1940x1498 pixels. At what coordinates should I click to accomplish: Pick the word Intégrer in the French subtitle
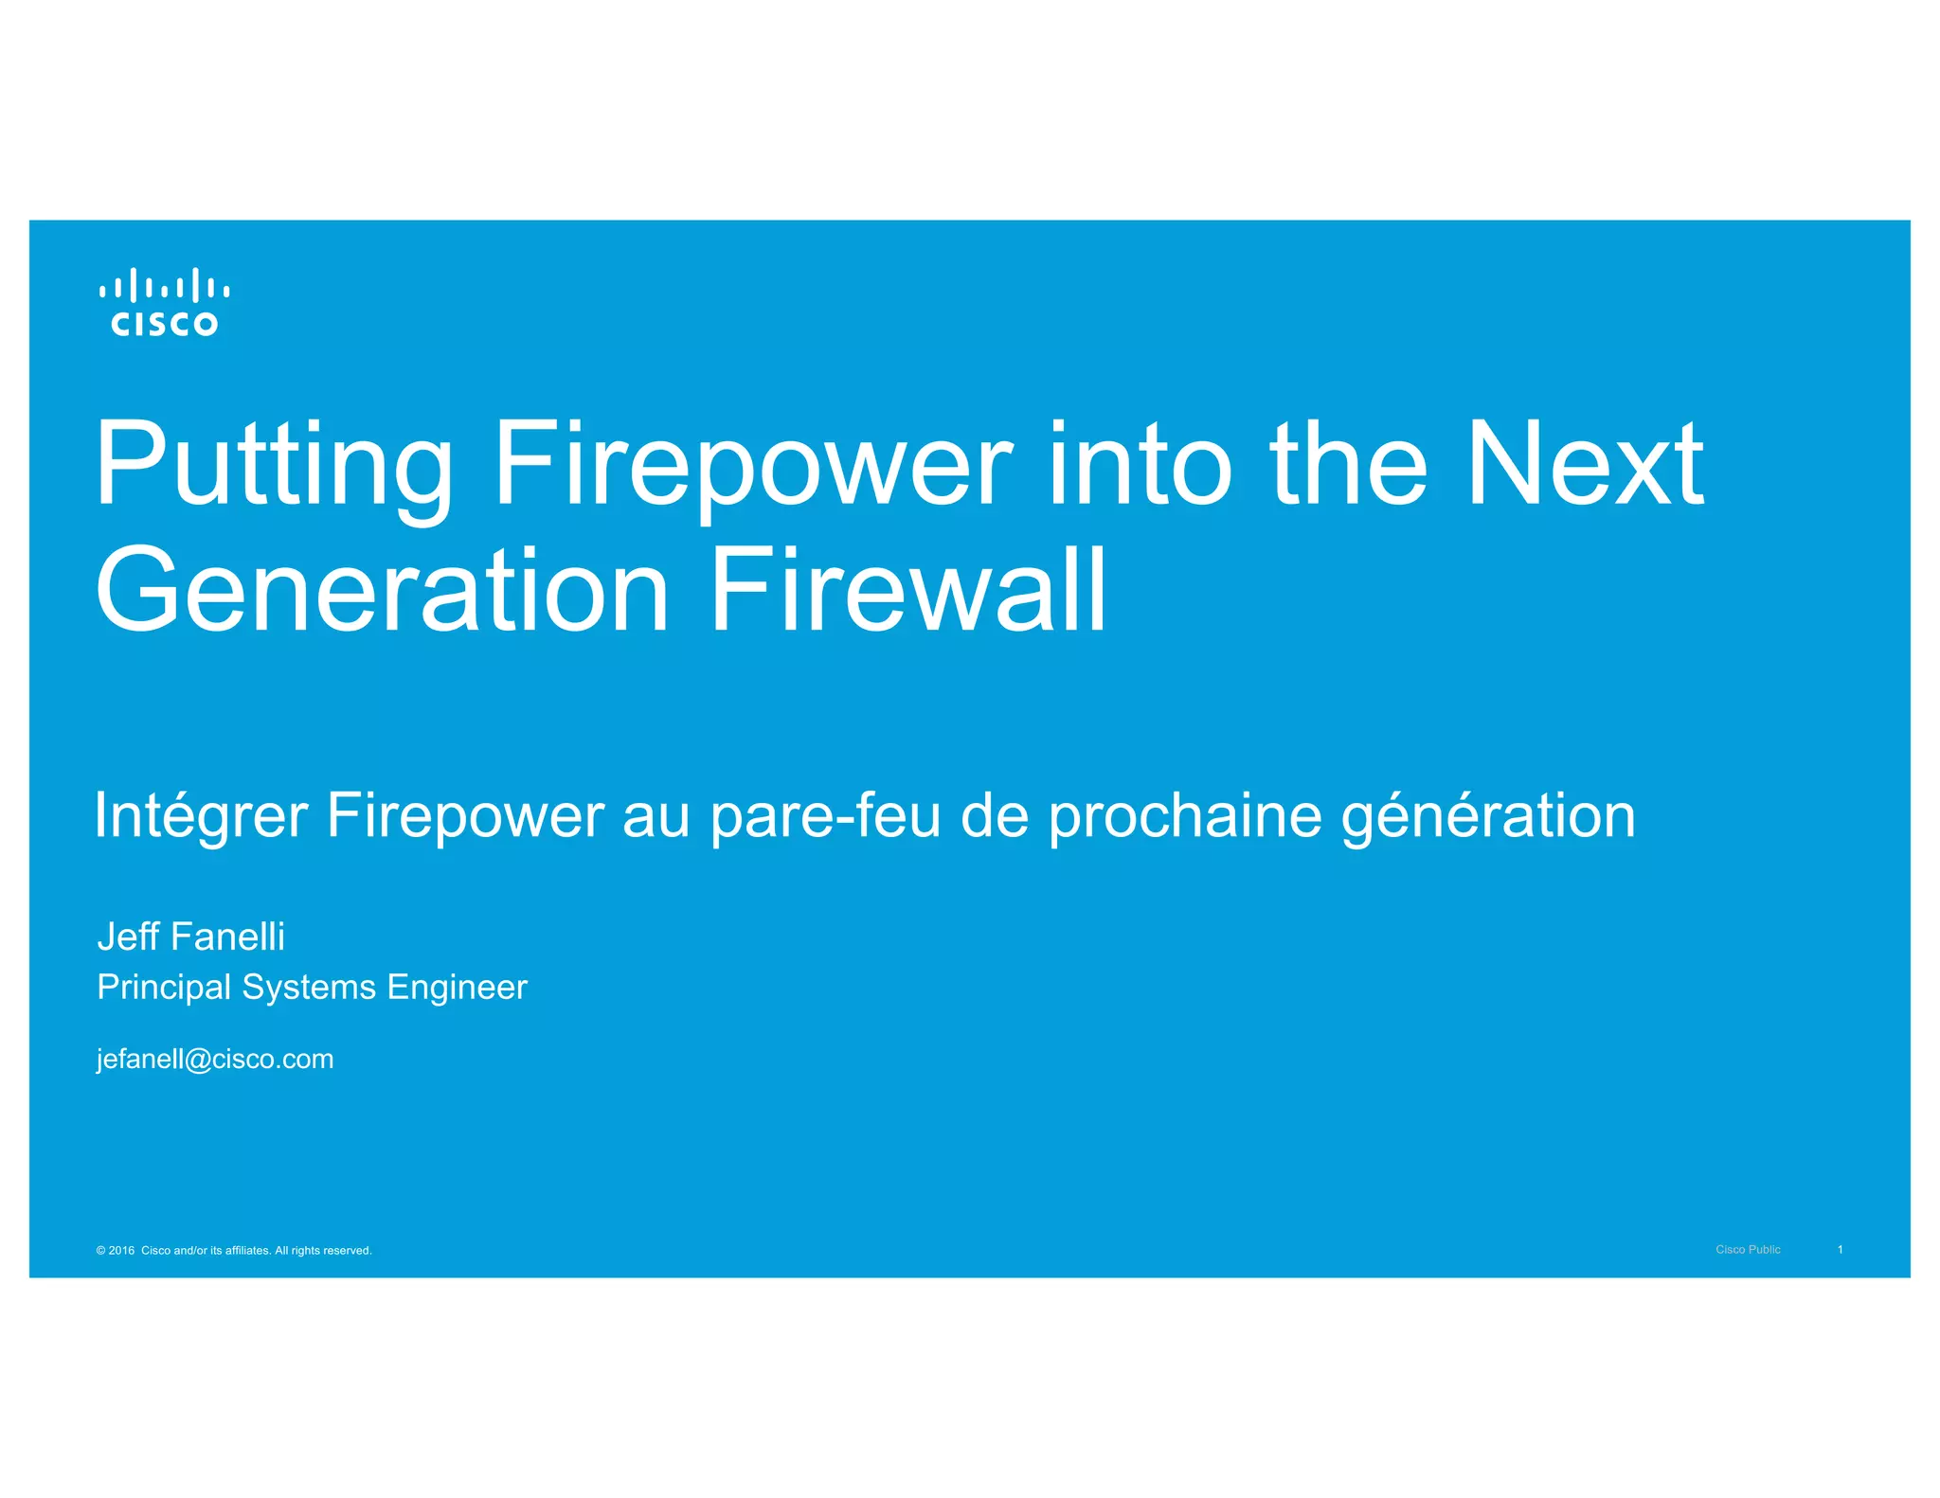pyautogui.click(x=201, y=816)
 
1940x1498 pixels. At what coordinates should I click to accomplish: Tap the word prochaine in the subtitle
pyautogui.click(x=1184, y=816)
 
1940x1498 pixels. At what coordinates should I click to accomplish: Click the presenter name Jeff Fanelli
pyautogui.click(x=190, y=936)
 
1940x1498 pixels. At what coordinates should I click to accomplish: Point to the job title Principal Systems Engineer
pyautogui.click(x=312, y=988)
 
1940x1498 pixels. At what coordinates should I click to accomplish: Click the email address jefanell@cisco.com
pyautogui.click(x=215, y=1059)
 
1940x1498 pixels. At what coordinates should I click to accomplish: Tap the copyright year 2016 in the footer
pyautogui.click(x=121, y=1251)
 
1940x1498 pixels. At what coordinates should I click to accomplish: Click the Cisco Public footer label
pyautogui.click(x=1748, y=1250)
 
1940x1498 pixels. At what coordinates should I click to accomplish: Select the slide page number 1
pyautogui.click(x=1840, y=1250)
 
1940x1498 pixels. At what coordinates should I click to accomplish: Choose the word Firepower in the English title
pyautogui.click(x=753, y=466)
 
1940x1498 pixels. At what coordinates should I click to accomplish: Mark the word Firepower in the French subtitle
pyautogui.click(x=465, y=816)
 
